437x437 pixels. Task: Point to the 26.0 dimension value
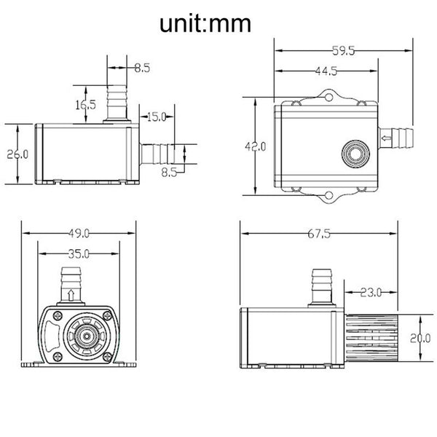click(16, 154)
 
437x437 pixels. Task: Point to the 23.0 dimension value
click(370, 293)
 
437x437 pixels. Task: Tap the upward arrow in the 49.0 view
click(71, 295)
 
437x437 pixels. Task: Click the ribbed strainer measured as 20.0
click(370, 336)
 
